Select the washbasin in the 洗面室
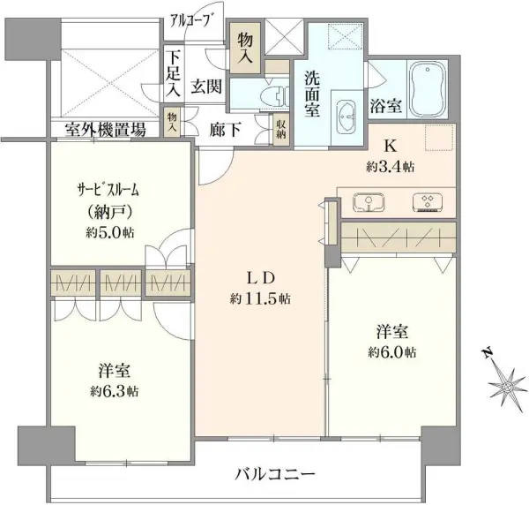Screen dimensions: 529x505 point(346,116)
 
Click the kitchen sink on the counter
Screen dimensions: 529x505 point(369,203)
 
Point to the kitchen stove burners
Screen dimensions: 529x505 point(428,203)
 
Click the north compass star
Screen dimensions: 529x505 point(505,384)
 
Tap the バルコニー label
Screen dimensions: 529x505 point(275,474)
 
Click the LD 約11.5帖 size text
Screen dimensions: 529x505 point(260,298)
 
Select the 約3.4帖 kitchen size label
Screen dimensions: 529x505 point(391,166)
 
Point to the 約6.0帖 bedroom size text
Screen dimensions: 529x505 point(392,352)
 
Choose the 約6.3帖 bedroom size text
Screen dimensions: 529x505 point(114,391)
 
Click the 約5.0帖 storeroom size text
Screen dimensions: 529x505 point(110,232)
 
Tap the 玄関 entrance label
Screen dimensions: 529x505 point(206,87)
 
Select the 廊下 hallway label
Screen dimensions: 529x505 point(225,130)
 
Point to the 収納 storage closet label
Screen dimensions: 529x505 point(281,129)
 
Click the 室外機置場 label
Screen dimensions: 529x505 point(106,130)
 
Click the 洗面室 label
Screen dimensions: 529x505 point(312,94)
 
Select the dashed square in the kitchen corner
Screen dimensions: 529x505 point(438,137)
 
